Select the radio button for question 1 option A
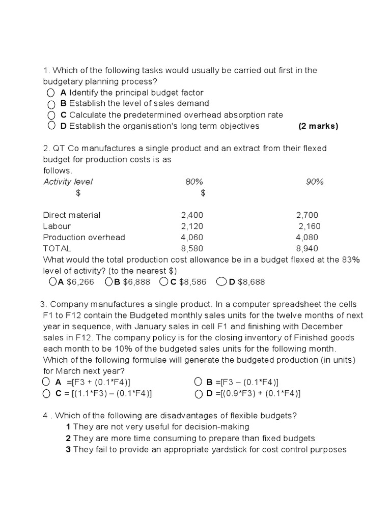click(50, 93)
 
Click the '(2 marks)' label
click(318, 126)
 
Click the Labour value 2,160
click(310, 226)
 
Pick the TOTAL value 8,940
click(307, 249)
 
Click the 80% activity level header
click(194, 182)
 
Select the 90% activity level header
click(315, 182)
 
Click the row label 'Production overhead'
click(84, 238)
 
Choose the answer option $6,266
click(76, 282)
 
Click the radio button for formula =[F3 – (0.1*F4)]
click(199, 382)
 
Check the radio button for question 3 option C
click(47, 393)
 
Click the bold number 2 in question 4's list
click(68, 439)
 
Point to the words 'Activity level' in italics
click(68, 182)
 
